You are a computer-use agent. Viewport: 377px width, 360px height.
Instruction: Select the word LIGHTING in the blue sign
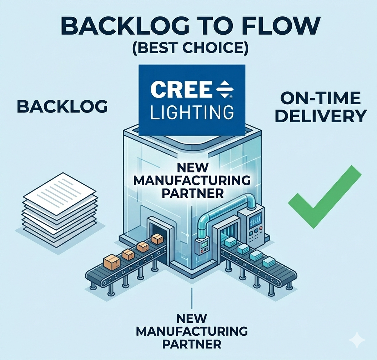tap(192, 112)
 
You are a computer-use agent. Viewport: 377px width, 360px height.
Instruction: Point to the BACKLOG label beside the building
tap(62, 106)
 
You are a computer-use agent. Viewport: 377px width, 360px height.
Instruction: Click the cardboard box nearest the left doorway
tap(157, 239)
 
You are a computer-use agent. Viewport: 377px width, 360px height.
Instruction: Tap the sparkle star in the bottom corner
tap(356, 340)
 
